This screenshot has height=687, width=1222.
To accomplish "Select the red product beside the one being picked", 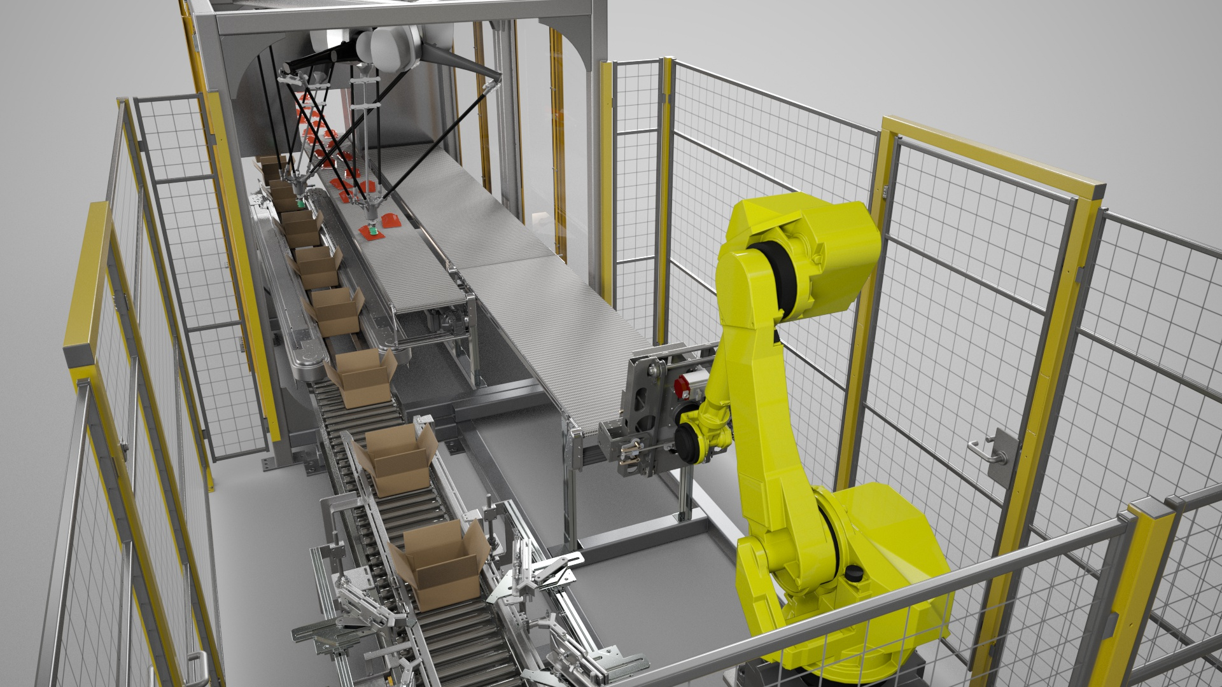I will [x=390, y=221].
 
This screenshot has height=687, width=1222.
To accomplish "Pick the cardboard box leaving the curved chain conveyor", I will [x=360, y=376].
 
